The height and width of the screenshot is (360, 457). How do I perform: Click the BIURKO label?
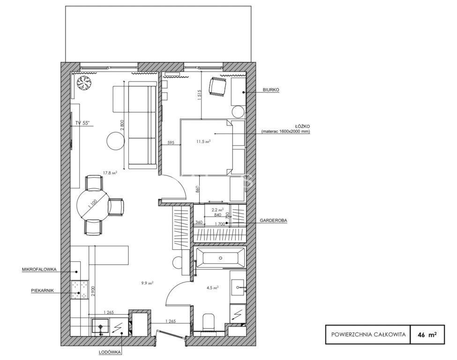271,90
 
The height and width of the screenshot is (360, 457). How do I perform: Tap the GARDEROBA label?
273,221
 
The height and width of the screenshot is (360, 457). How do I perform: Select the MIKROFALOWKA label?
39,270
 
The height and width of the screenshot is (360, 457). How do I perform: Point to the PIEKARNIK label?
43,291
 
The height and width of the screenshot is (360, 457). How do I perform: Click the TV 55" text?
82,123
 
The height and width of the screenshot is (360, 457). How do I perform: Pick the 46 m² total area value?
427,335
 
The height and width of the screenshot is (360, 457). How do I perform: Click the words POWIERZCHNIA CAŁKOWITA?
368,334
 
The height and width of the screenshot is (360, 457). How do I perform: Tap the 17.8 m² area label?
110,173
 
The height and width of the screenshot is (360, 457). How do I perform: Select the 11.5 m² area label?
203,142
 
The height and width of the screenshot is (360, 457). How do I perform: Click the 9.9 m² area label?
148,283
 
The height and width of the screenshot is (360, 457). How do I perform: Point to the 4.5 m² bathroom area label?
213,288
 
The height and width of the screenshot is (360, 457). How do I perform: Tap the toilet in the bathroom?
209,322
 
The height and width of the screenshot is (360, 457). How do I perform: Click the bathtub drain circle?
221,258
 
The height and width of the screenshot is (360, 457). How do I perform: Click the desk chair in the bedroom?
217,86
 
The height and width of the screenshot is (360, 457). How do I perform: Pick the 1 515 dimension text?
199,95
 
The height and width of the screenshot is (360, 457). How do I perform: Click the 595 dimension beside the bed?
171,142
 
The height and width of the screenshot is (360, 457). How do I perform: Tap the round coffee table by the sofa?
116,142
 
